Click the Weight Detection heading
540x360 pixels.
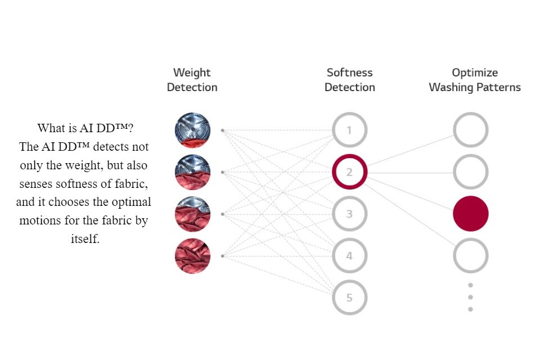pyautogui.click(x=192, y=80)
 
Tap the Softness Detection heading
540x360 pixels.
pyautogui.click(x=349, y=80)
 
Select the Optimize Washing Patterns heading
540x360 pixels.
pyautogui.click(x=474, y=80)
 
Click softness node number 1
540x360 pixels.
pyautogui.click(x=349, y=130)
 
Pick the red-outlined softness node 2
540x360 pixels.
pyautogui.click(x=349, y=172)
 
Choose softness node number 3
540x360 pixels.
pyautogui.click(x=349, y=214)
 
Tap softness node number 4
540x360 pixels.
pyautogui.click(x=349, y=256)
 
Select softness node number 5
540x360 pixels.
pyautogui.click(x=349, y=298)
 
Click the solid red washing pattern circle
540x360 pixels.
pyautogui.click(x=471, y=214)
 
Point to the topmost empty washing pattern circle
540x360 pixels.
pyautogui.click(x=471, y=130)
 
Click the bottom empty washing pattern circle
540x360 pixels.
pyautogui.click(x=471, y=256)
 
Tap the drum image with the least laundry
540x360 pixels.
pyautogui.click(x=192, y=130)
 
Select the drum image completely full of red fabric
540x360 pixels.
pyautogui.click(x=192, y=256)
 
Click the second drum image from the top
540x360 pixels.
pyautogui.click(x=192, y=172)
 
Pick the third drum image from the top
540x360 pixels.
pyautogui.click(x=192, y=214)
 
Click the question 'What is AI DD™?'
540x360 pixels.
pyautogui.click(x=84, y=128)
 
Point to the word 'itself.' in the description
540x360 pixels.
pyautogui.click(x=84, y=238)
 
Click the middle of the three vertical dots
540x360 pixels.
pyautogui.click(x=470, y=297)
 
